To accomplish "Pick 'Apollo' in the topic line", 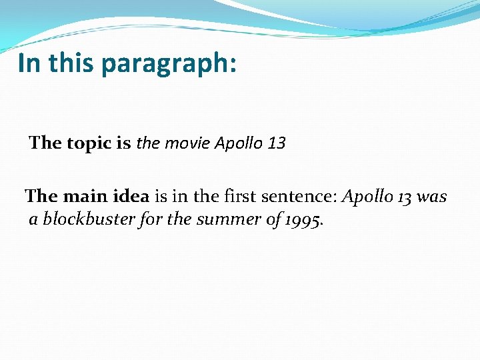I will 238,143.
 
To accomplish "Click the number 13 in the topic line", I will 275,143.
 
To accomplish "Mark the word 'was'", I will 433,197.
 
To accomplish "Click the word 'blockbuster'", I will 89,219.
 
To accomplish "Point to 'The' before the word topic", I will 45,143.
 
